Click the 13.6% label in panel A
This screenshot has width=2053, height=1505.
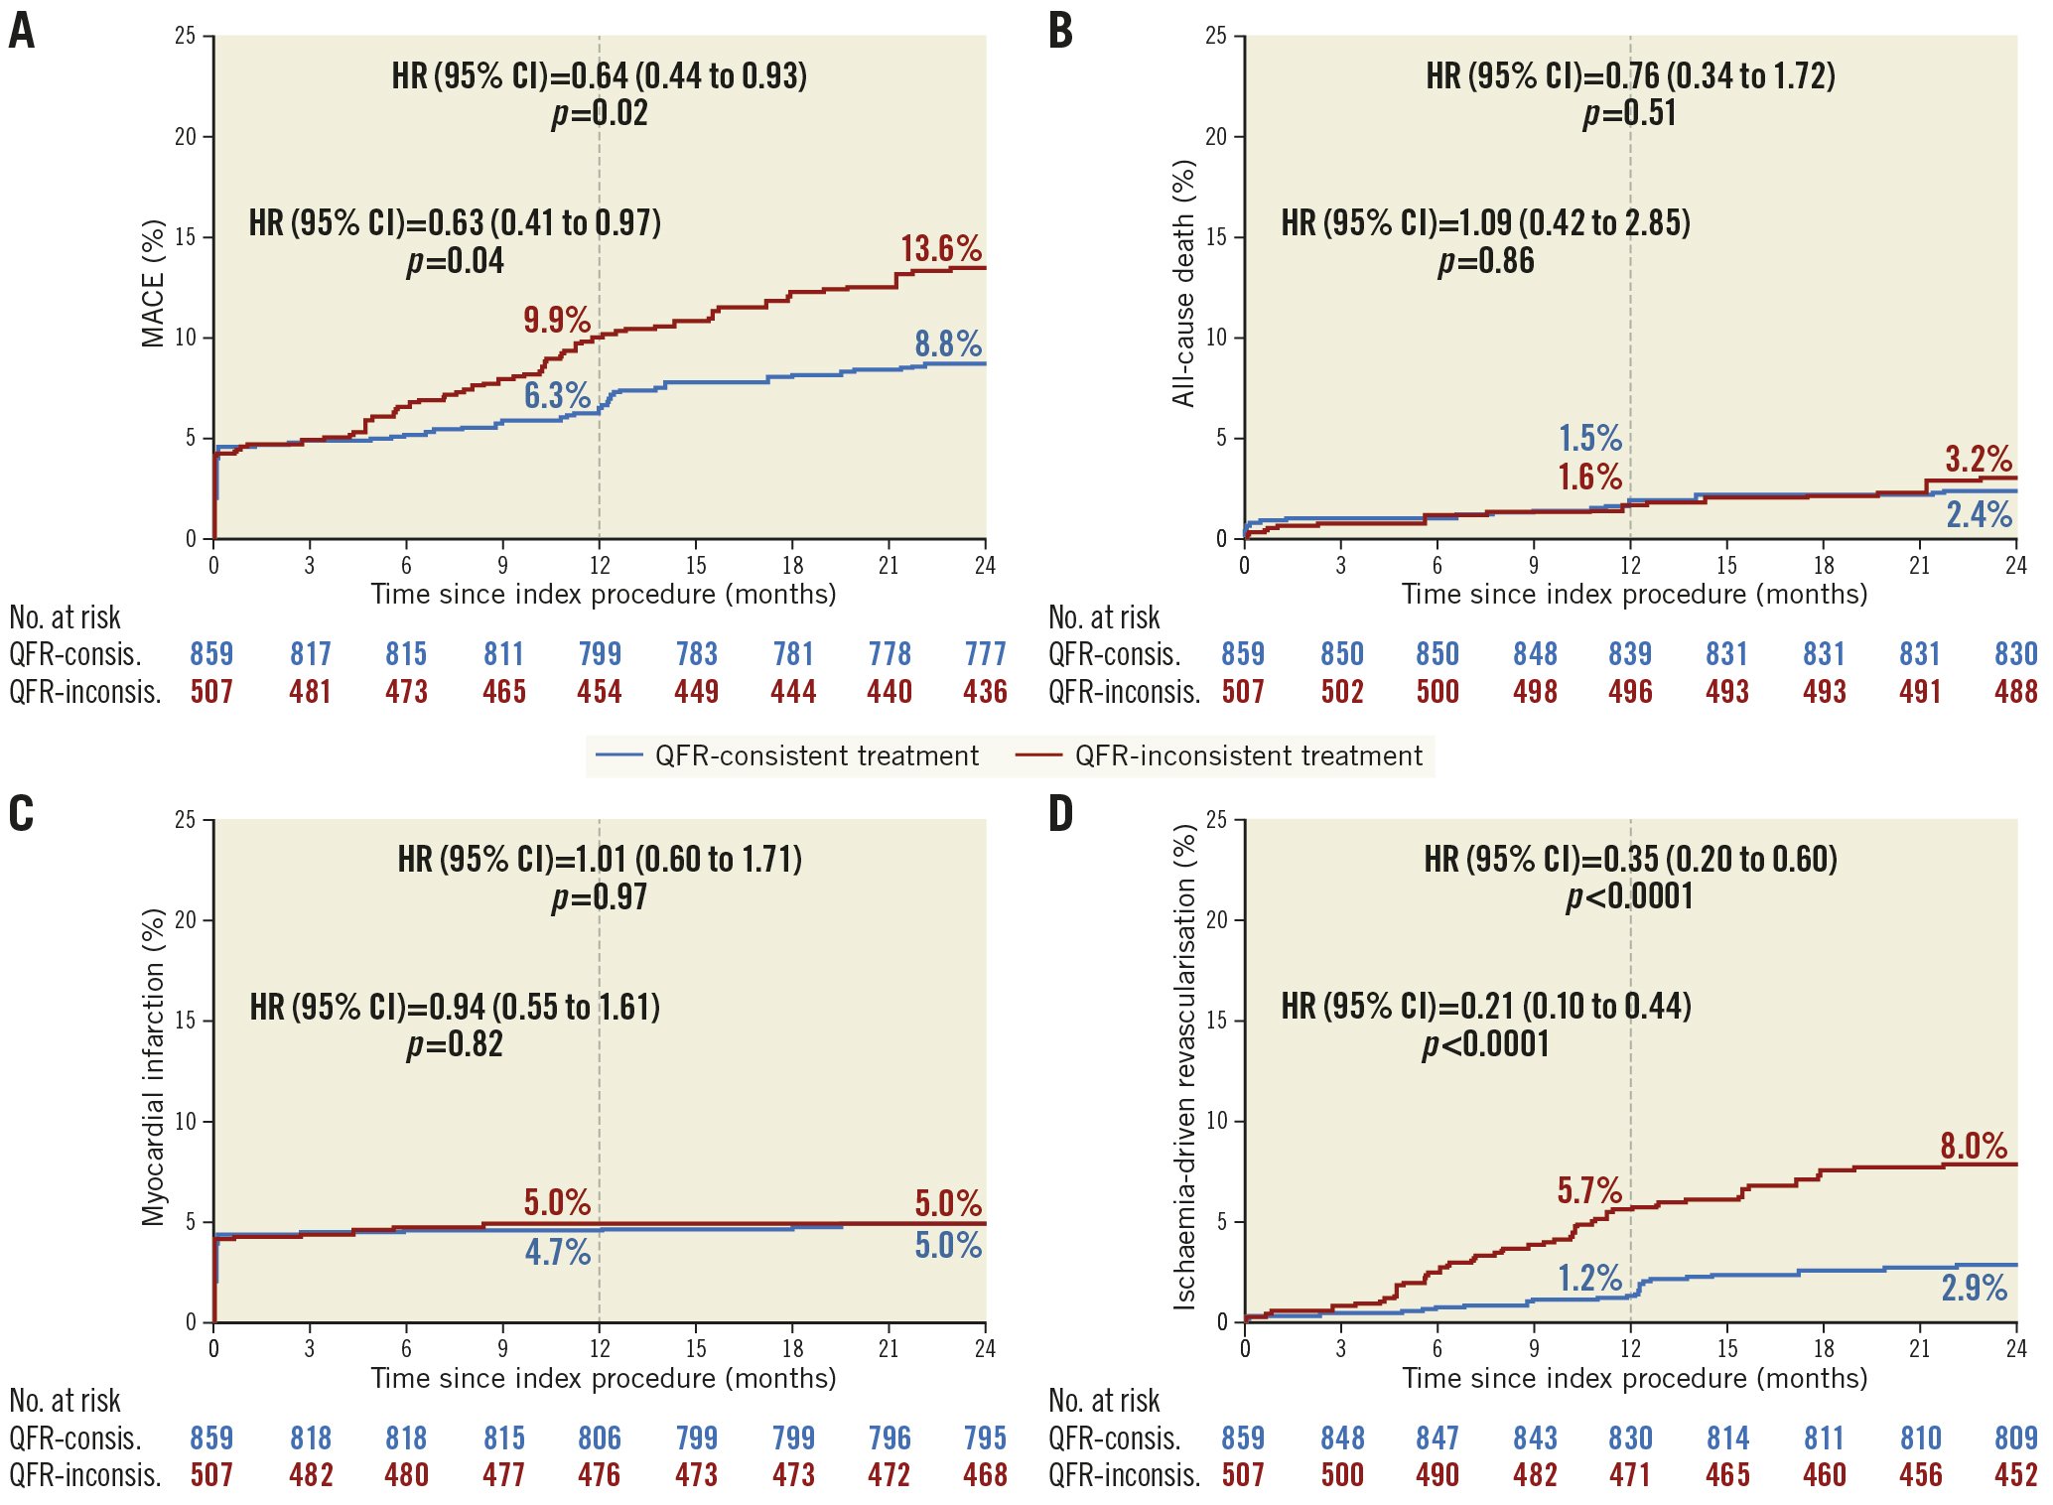(x=940, y=248)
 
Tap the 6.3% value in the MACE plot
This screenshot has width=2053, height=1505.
(x=557, y=395)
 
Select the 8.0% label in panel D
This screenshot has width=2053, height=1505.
(x=1974, y=1146)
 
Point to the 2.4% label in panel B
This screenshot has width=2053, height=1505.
(x=1979, y=514)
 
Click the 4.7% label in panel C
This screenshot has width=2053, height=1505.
(x=557, y=1252)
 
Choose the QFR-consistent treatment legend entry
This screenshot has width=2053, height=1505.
(x=787, y=756)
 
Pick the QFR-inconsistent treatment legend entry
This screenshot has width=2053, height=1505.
(x=1219, y=756)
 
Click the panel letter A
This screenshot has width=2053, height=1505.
(x=21, y=31)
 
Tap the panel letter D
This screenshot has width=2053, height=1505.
(x=1060, y=814)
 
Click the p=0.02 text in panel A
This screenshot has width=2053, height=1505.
(x=600, y=113)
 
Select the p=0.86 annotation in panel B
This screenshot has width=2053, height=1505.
(x=1486, y=261)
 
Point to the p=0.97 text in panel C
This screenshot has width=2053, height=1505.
(x=600, y=897)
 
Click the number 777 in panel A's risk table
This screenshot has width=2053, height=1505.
(x=985, y=654)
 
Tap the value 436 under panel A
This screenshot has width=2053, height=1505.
(x=985, y=692)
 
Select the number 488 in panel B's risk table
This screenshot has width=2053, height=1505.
(x=2015, y=692)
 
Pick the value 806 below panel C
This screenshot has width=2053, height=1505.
(x=600, y=1437)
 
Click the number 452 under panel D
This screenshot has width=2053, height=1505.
(x=2015, y=1475)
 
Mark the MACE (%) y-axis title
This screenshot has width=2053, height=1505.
(x=153, y=284)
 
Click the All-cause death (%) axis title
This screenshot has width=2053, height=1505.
(x=1183, y=284)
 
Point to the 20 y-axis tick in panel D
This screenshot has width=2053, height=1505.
(x=1216, y=920)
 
